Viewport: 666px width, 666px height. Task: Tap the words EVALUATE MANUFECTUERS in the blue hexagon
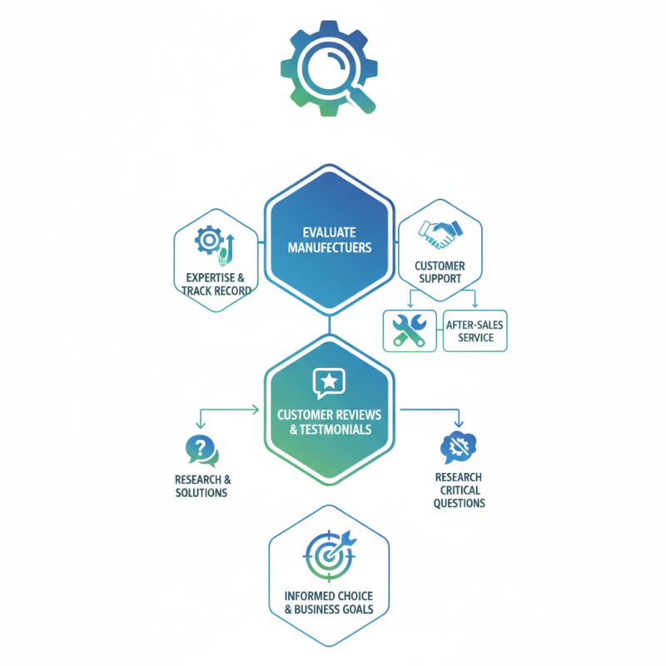coord(330,240)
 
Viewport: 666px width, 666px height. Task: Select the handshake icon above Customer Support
coord(440,234)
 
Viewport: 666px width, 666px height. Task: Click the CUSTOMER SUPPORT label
coord(440,272)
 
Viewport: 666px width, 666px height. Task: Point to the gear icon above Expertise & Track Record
coord(209,240)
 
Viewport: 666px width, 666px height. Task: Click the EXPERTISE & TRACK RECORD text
coord(216,284)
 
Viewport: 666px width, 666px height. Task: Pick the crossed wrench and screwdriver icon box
coord(410,331)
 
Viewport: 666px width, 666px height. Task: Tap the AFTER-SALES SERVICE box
coord(475,331)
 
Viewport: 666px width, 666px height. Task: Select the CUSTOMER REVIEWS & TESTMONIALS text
coord(330,422)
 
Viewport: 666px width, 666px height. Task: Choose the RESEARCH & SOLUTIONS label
coord(202,486)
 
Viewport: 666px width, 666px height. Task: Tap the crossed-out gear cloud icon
coord(459,447)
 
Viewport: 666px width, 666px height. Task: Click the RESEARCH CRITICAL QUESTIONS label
coord(460,490)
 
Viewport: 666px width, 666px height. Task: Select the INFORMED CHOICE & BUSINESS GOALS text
coord(329,603)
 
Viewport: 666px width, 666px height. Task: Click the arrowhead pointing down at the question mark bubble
coord(201,425)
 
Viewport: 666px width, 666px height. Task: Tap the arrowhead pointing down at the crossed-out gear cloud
coord(459,423)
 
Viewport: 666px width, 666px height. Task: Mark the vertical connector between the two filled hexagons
coord(330,325)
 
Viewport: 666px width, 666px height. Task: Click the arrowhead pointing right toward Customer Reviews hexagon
coord(256,410)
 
